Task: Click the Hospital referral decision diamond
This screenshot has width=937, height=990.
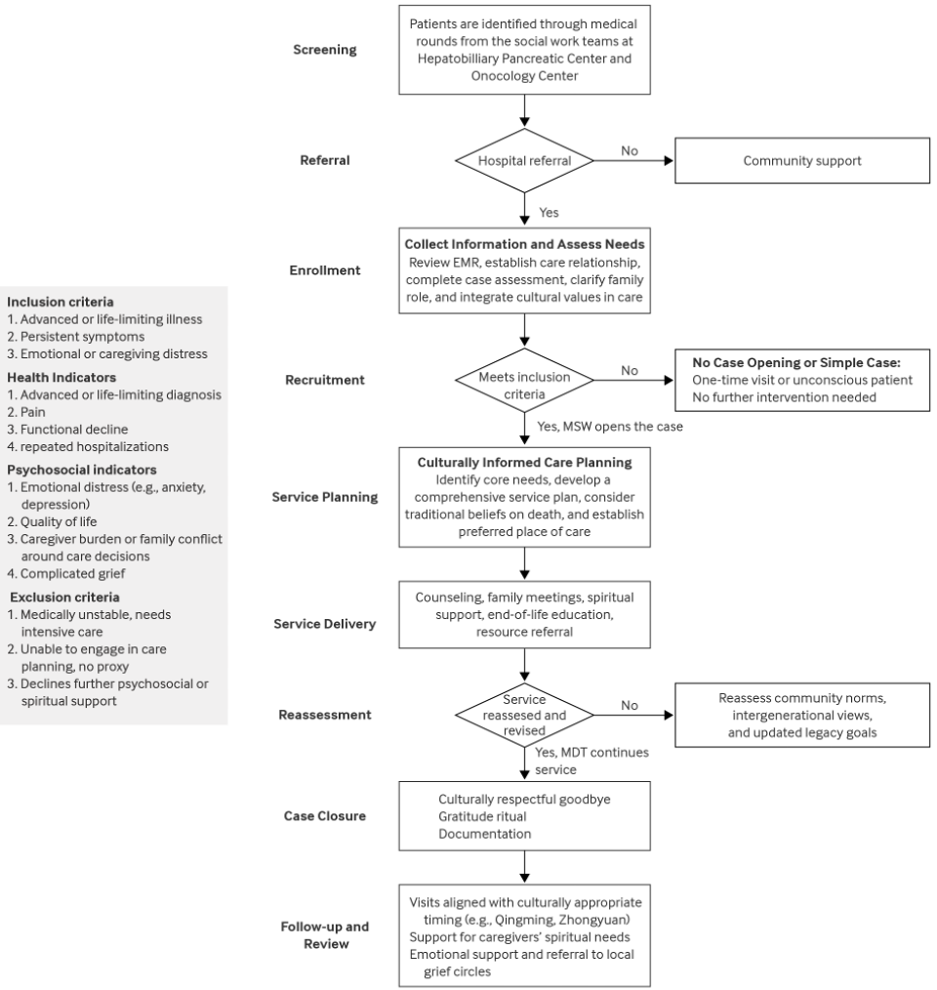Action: [x=525, y=161]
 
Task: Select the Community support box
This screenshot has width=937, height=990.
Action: [x=801, y=161]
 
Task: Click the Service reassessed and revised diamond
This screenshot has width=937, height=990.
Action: [x=525, y=715]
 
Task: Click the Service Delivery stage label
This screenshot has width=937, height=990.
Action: [x=324, y=623]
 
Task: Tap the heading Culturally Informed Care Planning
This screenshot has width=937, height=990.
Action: [x=525, y=462]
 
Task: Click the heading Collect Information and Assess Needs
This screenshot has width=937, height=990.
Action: [x=525, y=243]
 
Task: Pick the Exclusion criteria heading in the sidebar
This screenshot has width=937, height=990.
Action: [x=65, y=597]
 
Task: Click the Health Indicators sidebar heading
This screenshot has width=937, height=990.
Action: [x=61, y=378]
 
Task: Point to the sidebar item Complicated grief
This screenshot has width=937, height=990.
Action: [x=66, y=573]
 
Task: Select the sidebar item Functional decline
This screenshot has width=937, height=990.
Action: [x=67, y=429]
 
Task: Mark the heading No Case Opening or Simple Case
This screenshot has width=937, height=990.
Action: [x=801, y=361]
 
